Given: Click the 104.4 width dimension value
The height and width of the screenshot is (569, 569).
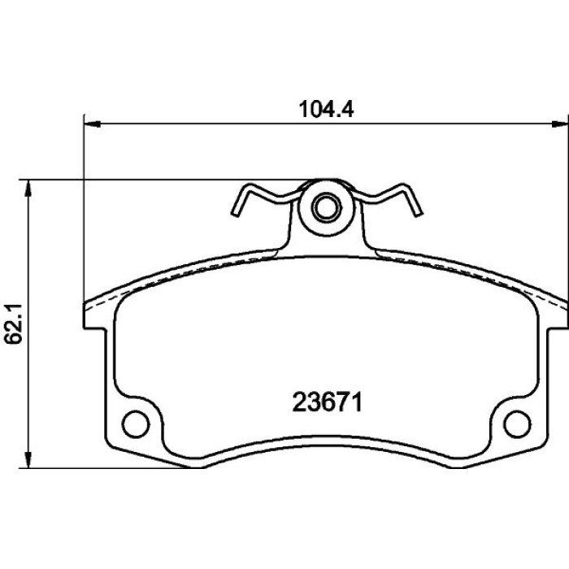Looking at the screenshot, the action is (x=326, y=109).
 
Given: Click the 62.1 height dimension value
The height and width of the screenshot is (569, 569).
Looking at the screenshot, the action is (x=14, y=324).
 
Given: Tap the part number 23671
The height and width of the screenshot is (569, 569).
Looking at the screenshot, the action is (x=328, y=403).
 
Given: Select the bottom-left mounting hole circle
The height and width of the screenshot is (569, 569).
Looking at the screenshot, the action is (x=136, y=423).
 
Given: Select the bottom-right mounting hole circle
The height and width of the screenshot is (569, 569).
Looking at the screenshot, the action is (x=517, y=423).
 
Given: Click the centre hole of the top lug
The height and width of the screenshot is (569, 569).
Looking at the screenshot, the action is (x=327, y=208).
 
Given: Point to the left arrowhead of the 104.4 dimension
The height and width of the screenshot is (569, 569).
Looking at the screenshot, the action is (x=92, y=124).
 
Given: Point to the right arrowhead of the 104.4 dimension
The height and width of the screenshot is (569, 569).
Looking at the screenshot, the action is (x=559, y=124).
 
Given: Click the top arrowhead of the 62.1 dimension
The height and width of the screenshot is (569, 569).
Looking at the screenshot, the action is (x=28, y=188).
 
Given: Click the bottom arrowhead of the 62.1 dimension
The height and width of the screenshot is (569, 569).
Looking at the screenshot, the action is (x=28, y=460).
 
